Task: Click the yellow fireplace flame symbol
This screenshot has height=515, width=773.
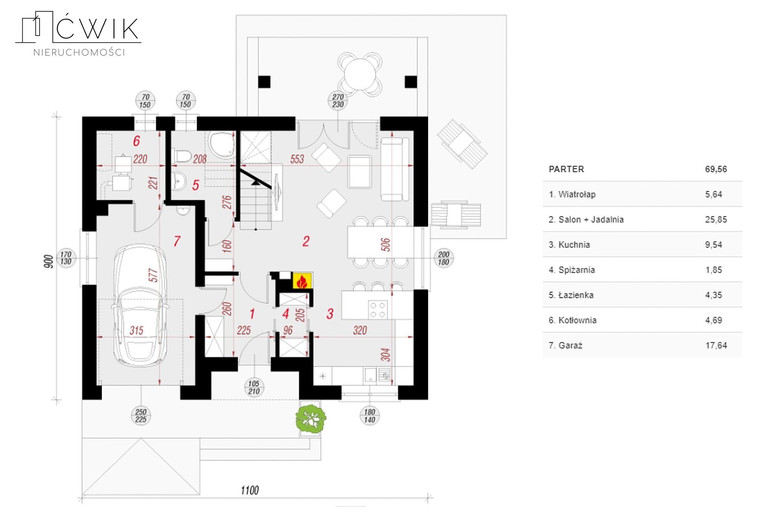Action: (x=302, y=281)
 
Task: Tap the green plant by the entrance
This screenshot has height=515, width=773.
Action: (x=311, y=418)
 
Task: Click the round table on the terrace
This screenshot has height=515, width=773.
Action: (x=360, y=74)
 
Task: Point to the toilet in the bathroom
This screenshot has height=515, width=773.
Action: (x=182, y=156)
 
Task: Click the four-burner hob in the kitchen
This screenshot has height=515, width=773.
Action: (x=377, y=309)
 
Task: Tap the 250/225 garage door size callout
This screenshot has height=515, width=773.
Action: (x=141, y=416)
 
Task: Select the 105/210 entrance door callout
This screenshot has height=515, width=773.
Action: (x=254, y=387)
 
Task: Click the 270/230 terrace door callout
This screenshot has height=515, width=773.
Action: (x=338, y=101)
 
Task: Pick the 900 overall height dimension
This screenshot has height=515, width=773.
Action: (x=48, y=261)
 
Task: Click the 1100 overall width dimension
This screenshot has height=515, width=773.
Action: (x=249, y=490)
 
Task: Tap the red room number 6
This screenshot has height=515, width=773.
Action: (x=136, y=141)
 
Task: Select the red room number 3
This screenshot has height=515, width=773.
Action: (x=330, y=314)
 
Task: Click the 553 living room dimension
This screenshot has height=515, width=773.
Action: (x=297, y=159)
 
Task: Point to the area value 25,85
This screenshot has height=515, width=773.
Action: (x=716, y=220)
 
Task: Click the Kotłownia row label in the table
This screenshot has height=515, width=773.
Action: (x=573, y=320)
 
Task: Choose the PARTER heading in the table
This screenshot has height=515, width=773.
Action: (x=566, y=169)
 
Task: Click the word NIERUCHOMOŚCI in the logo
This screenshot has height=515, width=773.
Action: (x=79, y=53)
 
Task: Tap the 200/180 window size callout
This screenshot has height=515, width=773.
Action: (x=443, y=258)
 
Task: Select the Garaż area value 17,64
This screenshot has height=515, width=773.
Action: (x=716, y=345)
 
